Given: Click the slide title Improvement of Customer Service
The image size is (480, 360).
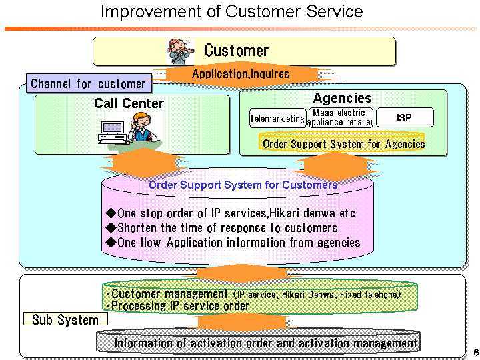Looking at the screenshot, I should (231, 11).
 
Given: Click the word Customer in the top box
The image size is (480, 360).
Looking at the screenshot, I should (236, 51).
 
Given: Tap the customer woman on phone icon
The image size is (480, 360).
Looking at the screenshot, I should (181, 51).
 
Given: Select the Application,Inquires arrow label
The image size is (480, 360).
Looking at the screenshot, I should (241, 74).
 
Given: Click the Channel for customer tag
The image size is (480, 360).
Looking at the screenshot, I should (88, 83).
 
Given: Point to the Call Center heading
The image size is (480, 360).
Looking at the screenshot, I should (129, 103).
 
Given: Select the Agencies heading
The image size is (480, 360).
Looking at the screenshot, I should (342, 98).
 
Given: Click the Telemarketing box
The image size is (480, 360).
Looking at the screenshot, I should (277, 118).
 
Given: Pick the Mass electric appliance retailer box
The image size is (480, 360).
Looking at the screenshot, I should (340, 118).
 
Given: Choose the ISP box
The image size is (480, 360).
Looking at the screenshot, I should (404, 118).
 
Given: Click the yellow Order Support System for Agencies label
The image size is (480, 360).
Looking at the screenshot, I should (343, 143).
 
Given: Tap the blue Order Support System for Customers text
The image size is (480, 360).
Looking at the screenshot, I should (243, 185).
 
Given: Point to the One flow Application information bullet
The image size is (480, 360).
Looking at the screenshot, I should (233, 243).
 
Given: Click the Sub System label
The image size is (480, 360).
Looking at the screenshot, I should (65, 319).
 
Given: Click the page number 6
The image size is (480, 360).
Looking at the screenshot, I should (474, 351).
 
